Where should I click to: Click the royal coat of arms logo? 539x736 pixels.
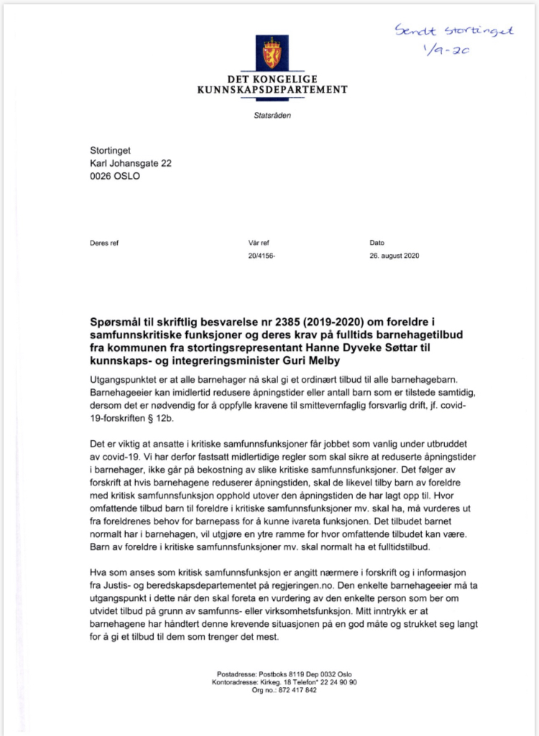click(272, 52)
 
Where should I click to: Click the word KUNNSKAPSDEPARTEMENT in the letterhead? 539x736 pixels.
click(272, 90)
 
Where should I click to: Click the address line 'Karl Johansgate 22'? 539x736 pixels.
click(130, 163)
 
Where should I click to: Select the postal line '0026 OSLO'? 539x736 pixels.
click(115, 176)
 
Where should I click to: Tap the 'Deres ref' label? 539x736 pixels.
click(104, 243)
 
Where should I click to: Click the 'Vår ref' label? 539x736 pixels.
click(259, 243)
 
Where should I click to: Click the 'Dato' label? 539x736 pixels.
click(378, 243)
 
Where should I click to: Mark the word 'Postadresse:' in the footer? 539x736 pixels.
click(236, 674)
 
